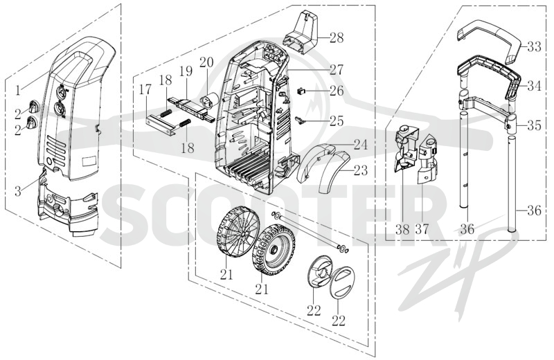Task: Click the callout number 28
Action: (x=337, y=37)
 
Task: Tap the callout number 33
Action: (x=533, y=46)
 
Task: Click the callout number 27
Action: (x=337, y=70)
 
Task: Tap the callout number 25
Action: (x=337, y=121)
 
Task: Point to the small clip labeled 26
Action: (x=301, y=91)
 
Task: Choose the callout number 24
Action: (x=360, y=145)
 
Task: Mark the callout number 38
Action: (x=402, y=230)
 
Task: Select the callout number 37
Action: (x=422, y=230)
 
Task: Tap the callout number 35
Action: (x=533, y=125)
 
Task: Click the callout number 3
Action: (x=18, y=192)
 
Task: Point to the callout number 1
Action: (x=18, y=91)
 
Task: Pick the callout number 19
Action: (x=186, y=71)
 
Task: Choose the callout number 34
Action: (x=533, y=85)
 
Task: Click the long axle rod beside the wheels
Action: (x=310, y=231)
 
